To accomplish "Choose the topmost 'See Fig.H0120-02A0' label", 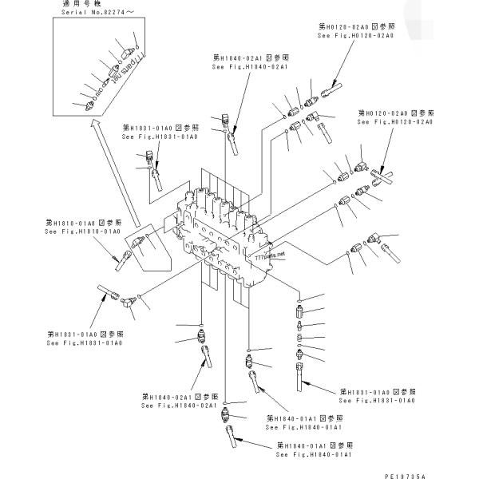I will (x=351, y=36).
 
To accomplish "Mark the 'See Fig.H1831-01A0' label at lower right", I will (x=378, y=400).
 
